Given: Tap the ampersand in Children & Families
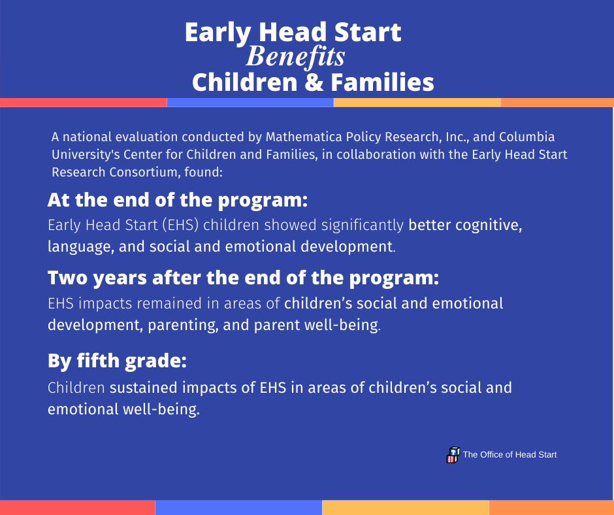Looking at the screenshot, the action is point(314,82).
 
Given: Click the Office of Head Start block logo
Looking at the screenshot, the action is point(453,455).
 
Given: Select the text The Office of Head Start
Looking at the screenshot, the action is point(509,455).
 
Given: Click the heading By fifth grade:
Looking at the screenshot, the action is point(117,361).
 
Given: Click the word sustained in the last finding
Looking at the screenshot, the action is point(143,388).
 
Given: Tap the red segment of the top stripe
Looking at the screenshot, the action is point(84,103).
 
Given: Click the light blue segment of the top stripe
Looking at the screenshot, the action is point(250,103).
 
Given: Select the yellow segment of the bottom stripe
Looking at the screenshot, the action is point(405,508).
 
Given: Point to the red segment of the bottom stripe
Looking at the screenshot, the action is point(78,508).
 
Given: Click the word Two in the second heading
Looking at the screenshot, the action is point(68,278).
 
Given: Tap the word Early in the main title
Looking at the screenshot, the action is point(218,33).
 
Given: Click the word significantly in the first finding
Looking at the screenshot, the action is point(363,225).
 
